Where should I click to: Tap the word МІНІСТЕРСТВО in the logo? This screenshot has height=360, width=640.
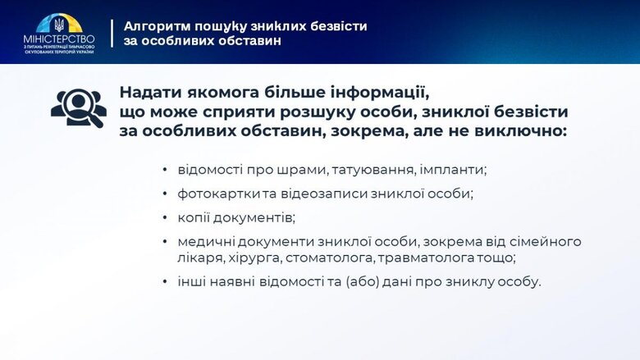(58, 38)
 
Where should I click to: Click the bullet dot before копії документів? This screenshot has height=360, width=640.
(165, 218)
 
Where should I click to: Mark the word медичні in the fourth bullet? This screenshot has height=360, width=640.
(202, 242)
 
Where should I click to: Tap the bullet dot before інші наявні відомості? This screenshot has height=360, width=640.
(165, 282)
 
